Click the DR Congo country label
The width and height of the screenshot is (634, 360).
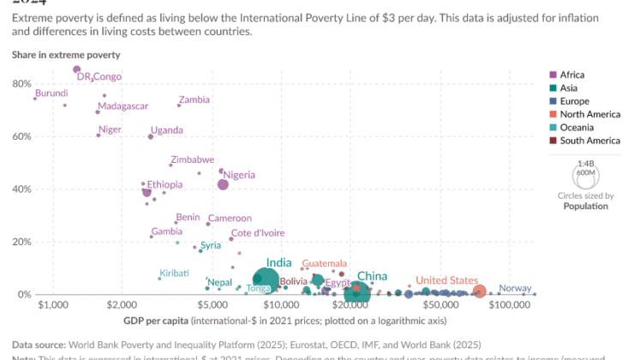[99, 77]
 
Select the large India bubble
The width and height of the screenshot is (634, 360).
[266, 279]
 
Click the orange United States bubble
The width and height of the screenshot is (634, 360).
[480, 292]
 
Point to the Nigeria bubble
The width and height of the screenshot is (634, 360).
[223, 184]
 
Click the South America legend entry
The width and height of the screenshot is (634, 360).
[590, 141]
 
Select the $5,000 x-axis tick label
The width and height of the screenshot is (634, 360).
[211, 305]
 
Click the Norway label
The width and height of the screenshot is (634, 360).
[515, 289]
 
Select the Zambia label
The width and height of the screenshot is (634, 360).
[194, 99]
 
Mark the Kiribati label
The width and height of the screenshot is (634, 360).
[174, 273]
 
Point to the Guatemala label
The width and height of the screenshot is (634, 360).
[325, 263]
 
